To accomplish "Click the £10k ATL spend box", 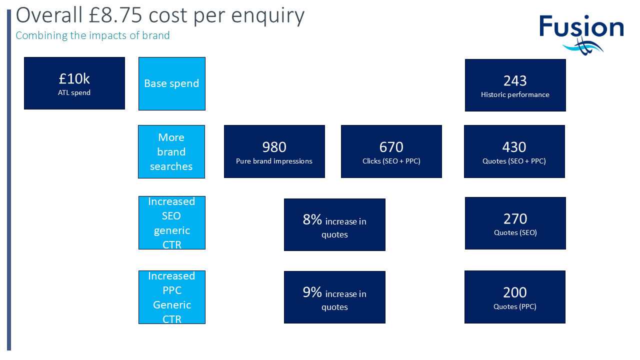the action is (74, 83).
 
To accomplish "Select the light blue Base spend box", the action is (171, 83).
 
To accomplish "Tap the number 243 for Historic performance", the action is (515, 81).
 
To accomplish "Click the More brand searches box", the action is (171, 151).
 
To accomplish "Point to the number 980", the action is (274, 147).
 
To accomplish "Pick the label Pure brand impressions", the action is (274, 161).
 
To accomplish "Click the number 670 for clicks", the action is (391, 147).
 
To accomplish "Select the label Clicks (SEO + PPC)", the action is (391, 161).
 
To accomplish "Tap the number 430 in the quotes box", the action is (514, 147).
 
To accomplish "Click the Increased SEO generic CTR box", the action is (171, 222).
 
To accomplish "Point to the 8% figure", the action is (312, 219).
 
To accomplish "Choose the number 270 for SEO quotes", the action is (515, 219).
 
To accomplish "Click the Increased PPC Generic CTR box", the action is (171, 297).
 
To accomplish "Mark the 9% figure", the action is (312, 292).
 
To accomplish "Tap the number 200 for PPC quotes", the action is (514, 292).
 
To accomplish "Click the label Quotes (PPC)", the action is (514, 306).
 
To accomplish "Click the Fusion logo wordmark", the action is (581, 26).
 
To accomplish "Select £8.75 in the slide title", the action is (115, 15).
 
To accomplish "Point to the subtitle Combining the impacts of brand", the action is (92, 35).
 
